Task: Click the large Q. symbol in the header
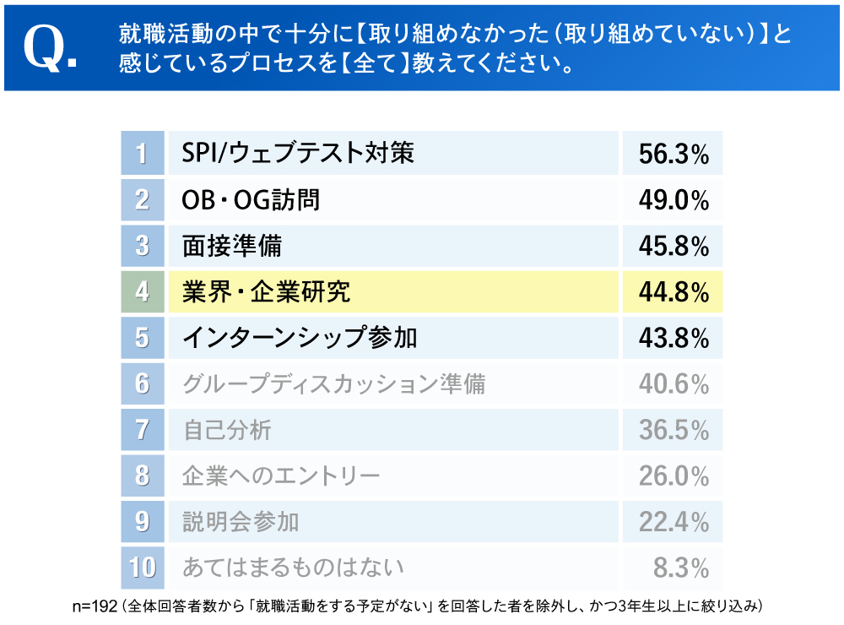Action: click(x=50, y=49)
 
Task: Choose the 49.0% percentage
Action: click(x=673, y=200)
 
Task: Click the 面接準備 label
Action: click(x=232, y=246)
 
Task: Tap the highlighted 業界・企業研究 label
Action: click(x=266, y=291)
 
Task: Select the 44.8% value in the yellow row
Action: click(x=673, y=292)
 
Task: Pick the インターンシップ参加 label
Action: click(x=300, y=338)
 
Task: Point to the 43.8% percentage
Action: click(x=673, y=338)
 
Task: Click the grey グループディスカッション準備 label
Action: click(x=333, y=384)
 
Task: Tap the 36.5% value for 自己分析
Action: click(x=673, y=430)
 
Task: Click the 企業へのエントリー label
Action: click(x=281, y=476)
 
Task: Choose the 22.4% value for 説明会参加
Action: click(x=673, y=522)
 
